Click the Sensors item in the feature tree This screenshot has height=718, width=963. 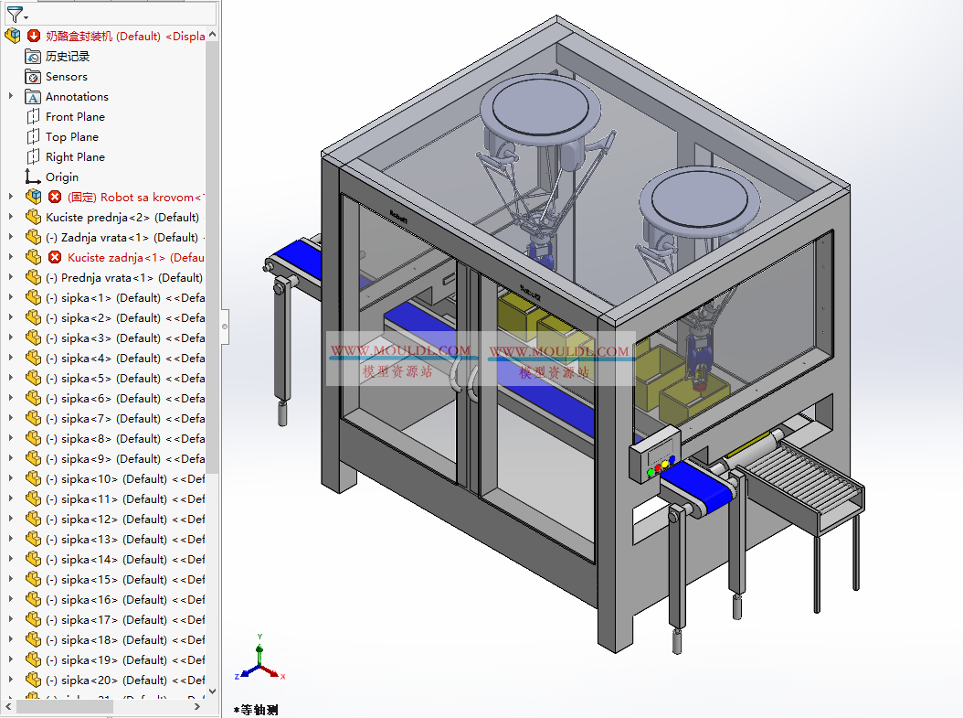[x=66, y=77]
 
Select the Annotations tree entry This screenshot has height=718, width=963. [x=77, y=97]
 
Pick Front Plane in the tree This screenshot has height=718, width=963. [x=75, y=117]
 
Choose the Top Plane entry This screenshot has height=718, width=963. [x=71, y=137]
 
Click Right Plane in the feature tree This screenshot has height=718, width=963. [x=75, y=157]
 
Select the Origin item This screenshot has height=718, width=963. [x=62, y=177]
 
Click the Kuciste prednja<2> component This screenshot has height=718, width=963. [x=122, y=218]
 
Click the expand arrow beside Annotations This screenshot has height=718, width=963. [x=11, y=97]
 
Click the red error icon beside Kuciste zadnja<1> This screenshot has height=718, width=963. [x=55, y=258]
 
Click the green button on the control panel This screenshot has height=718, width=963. [x=651, y=473]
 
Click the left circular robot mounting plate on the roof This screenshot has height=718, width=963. [x=538, y=112]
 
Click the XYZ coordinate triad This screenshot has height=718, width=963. [x=260, y=665]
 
